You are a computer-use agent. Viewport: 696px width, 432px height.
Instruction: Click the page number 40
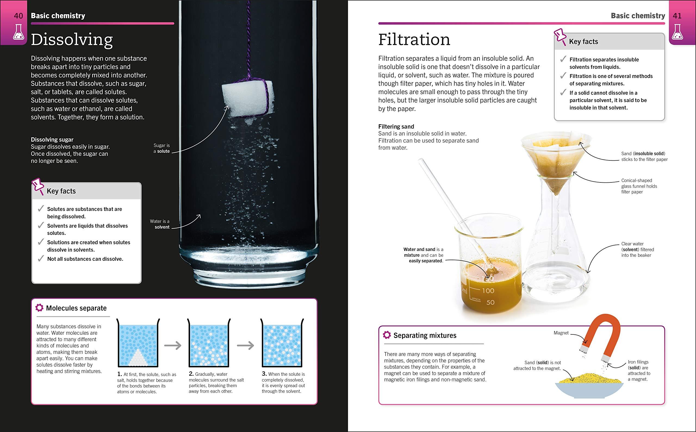(18, 16)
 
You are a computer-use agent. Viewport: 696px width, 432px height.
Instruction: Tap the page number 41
(677, 16)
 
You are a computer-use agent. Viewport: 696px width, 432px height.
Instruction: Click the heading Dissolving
(72, 40)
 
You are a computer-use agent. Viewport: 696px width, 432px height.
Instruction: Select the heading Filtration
(414, 40)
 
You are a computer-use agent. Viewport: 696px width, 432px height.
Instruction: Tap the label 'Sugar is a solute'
(162, 148)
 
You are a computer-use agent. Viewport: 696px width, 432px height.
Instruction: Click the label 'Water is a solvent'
(160, 224)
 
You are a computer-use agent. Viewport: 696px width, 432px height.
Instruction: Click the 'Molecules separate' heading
(76, 308)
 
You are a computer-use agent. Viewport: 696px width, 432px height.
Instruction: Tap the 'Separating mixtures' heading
(425, 335)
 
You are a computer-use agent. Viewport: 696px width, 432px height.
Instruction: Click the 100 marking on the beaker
(488, 291)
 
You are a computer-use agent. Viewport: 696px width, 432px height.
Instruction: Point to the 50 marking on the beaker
(490, 302)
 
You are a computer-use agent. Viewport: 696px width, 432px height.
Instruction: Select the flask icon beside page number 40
(18, 32)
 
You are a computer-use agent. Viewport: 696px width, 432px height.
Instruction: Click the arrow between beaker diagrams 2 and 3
(246, 346)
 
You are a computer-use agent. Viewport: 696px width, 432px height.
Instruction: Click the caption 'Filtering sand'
(396, 126)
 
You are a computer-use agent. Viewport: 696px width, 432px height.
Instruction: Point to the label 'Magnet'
(561, 333)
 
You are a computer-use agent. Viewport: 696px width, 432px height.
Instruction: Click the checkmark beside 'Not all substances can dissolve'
(41, 259)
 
